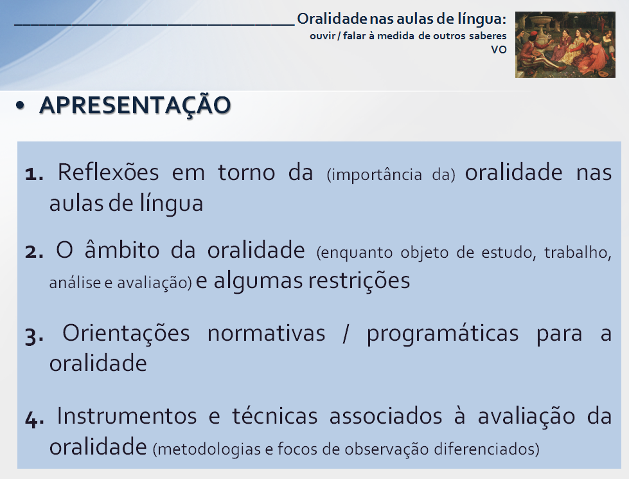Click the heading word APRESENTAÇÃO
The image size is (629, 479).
[135, 106]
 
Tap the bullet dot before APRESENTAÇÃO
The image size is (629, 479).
[20, 105]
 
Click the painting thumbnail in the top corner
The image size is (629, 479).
[565, 44]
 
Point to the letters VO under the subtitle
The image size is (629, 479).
[499, 50]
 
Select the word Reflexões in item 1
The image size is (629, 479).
[109, 173]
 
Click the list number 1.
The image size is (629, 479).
[33, 175]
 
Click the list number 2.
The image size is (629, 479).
[33, 253]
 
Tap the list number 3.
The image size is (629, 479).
[34, 336]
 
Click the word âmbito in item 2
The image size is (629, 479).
[122, 249]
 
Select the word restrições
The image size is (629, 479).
[359, 280]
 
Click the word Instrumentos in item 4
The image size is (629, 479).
[127, 416]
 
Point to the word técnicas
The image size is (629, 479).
[275, 416]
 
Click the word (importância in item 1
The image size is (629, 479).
[375, 175]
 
